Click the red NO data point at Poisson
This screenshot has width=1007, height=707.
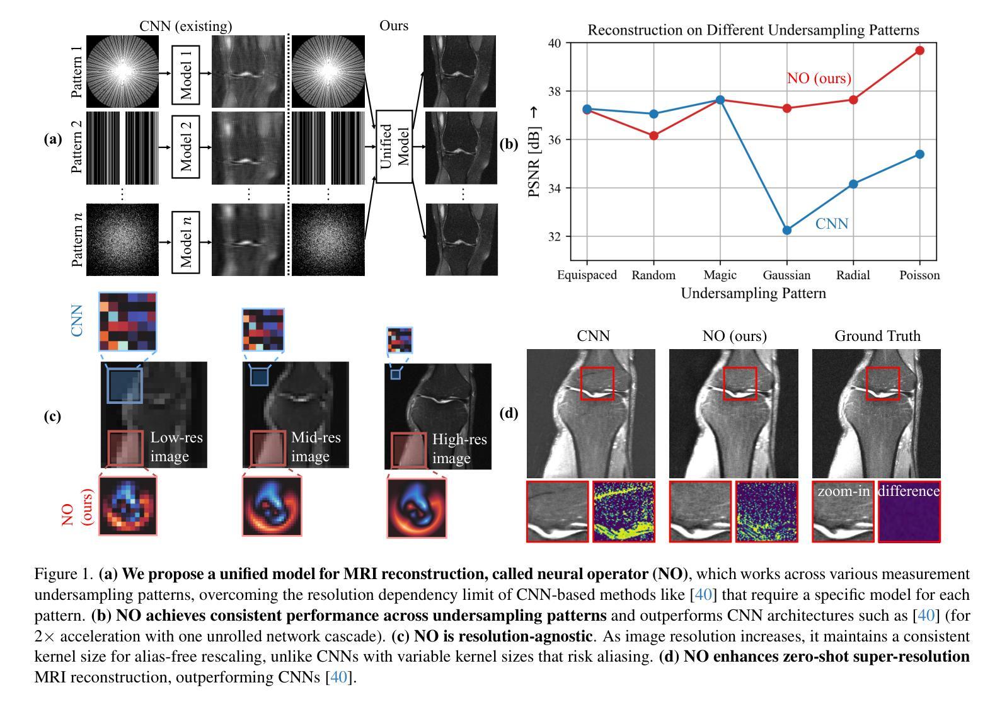point(919,50)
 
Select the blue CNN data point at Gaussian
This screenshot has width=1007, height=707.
point(786,231)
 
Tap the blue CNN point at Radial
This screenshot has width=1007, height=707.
point(853,184)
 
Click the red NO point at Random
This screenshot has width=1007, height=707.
point(653,135)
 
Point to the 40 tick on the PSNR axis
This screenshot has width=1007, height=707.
point(555,43)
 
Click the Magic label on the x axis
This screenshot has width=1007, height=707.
point(720,275)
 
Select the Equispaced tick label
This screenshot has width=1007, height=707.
point(587,275)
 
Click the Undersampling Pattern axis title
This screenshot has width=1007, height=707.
point(753,294)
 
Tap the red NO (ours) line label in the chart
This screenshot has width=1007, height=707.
point(819,78)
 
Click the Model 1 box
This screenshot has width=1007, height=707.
point(185,74)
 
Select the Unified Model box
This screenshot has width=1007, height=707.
point(394,146)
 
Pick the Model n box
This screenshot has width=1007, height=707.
point(185,242)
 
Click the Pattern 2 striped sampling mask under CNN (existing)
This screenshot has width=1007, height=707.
point(122,147)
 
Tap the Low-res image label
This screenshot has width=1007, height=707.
point(176,447)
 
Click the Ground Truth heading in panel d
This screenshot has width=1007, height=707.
point(877,336)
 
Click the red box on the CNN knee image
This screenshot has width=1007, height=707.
point(597,383)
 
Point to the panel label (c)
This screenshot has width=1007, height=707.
point(52,417)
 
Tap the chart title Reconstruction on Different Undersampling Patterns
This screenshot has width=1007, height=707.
point(753,30)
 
